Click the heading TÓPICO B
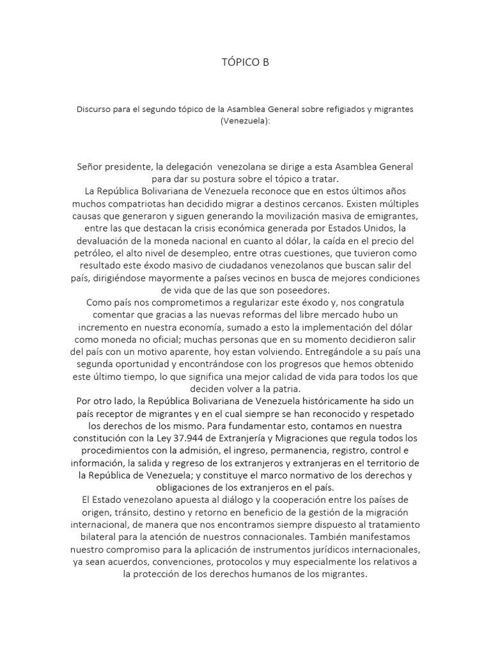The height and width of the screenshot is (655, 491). tap(245, 62)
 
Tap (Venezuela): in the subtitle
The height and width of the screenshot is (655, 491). tap(245, 121)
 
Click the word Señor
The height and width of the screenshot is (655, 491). tap(91, 166)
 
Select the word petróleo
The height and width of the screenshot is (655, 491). tap(90, 255)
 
